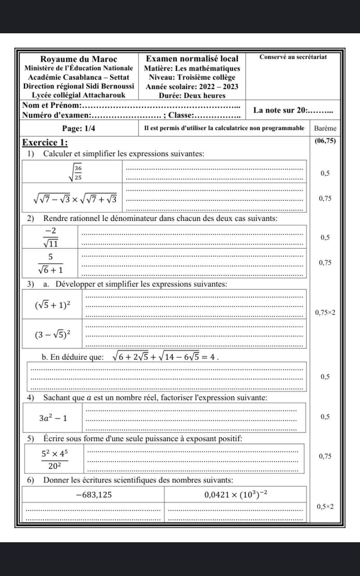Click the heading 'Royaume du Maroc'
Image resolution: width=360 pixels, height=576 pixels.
(x=79, y=59)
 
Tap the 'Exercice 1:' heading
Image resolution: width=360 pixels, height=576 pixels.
(x=45, y=143)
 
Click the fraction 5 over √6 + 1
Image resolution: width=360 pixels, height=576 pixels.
(x=50, y=263)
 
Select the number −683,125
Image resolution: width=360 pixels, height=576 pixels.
(x=94, y=495)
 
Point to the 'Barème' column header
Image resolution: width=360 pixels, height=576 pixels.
(x=325, y=128)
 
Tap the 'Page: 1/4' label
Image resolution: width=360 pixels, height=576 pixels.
(x=79, y=128)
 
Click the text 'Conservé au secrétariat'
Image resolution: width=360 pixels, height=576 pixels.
(x=293, y=57)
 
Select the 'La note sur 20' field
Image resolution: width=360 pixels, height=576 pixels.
(x=292, y=110)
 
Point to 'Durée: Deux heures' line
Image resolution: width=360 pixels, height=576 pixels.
(x=192, y=95)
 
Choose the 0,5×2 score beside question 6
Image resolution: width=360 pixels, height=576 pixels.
(x=325, y=507)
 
